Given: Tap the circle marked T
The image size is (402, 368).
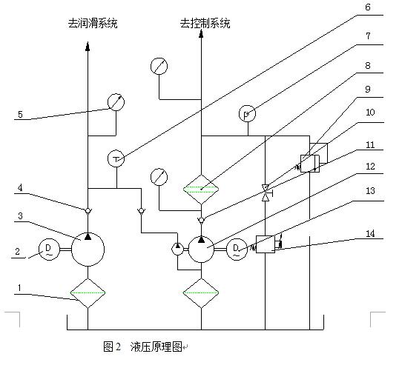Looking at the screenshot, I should coord(116,158).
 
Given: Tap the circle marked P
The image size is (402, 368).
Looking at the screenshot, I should coord(247,114).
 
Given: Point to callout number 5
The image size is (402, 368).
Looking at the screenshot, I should coord(20,115).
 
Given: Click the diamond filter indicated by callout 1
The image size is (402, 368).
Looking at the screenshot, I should coord(88,293).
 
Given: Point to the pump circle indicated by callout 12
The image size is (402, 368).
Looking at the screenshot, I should coord(202,248).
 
